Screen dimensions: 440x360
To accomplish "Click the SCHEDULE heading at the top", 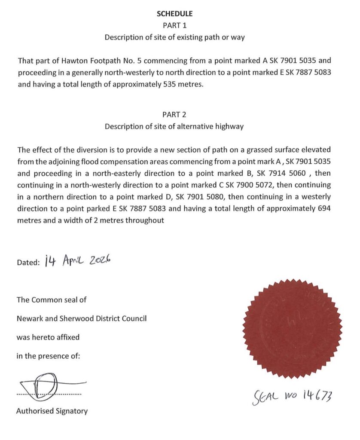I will click(x=174, y=14).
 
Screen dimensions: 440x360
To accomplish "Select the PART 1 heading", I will click(x=174, y=25).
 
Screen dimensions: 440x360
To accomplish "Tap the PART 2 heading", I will click(x=174, y=115).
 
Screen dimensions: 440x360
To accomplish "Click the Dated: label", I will click(x=28, y=263).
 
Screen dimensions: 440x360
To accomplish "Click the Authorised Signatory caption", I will click(x=52, y=411).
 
